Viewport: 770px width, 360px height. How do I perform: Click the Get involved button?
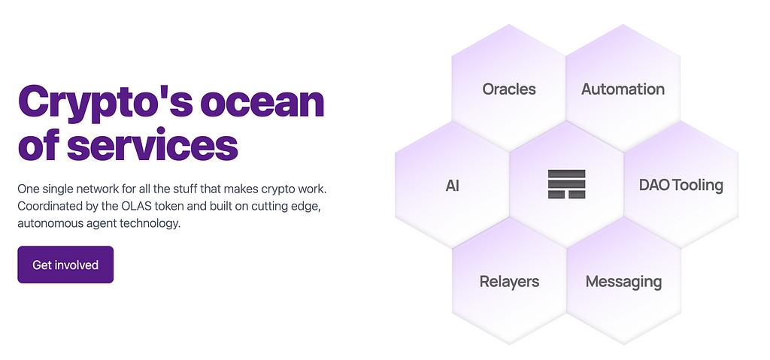65,265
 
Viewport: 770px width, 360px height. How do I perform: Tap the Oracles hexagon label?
509,89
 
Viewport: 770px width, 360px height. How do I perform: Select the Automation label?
623,89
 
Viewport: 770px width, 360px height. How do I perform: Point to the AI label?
452,186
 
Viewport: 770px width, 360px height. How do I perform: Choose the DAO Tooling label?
681,185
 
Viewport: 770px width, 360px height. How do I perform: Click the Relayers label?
509,281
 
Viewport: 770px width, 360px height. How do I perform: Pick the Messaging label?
623,282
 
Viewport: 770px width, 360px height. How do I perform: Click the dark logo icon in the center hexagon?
567,184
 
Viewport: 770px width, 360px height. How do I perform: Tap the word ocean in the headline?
262,102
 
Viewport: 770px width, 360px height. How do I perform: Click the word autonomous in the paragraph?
47,223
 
